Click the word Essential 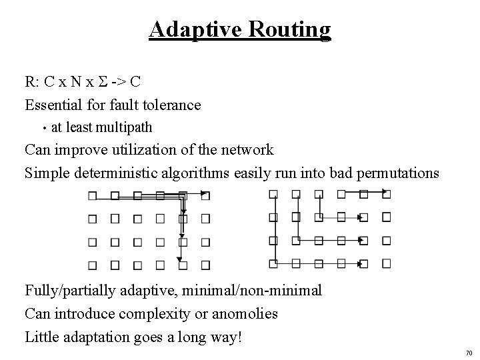(53, 105)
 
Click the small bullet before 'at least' (42, 127)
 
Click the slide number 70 (468, 352)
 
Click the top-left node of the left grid (93, 196)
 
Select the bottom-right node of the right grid (387, 264)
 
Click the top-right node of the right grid (387, 195)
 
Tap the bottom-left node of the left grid (93, 265)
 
